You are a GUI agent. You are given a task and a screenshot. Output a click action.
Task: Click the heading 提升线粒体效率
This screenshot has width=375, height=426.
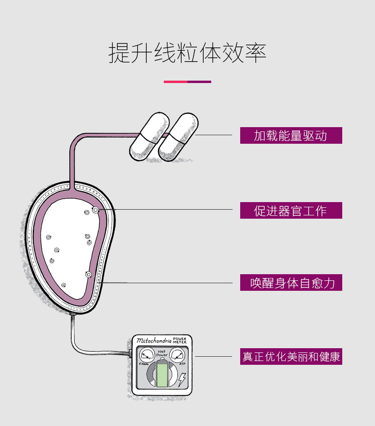click(x=187, y=53)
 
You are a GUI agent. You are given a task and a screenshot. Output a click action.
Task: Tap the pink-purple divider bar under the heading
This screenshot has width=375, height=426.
click(x=187, y=82)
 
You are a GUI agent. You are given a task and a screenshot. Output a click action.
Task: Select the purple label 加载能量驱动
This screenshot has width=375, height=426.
click(x=291, y=135)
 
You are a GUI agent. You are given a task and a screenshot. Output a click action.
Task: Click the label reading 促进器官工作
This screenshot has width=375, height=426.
click(x=291, y=210)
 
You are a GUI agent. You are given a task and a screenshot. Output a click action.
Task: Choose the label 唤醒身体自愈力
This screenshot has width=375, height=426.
click(x=291, y=283)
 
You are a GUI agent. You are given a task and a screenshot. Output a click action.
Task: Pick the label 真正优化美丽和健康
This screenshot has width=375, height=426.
click(x=291, y=356)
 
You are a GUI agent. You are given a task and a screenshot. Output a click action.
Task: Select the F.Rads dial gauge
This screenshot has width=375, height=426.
click(x=147, y=355)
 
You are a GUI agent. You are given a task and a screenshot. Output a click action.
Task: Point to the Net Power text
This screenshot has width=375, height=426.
click(x=162, y=352)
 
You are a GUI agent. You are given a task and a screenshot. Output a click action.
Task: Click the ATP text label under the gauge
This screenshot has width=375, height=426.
click(x=182, y=364)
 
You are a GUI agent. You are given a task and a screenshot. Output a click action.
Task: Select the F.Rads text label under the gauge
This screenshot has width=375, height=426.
click(x=144, y=364)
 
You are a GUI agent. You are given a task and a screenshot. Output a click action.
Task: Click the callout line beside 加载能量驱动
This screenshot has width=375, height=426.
click(x=213, y=135)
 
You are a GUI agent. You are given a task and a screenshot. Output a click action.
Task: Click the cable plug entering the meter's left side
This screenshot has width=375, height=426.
click(x=130, y=352)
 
